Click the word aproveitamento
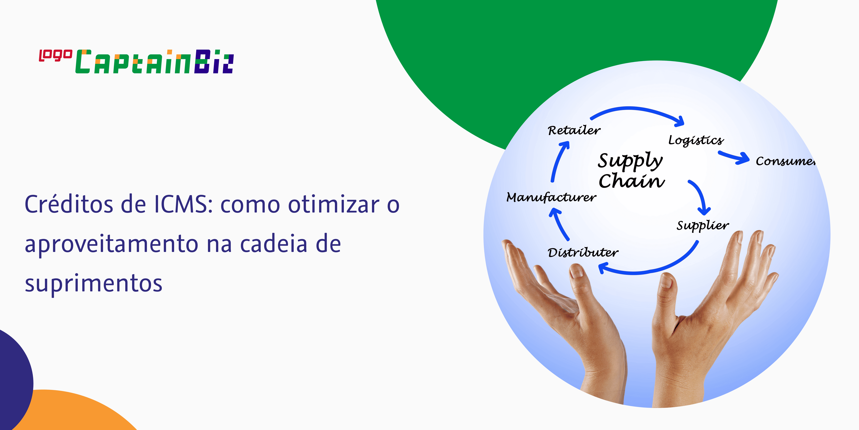tap(112, 244)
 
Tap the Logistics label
tap(696, 140)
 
